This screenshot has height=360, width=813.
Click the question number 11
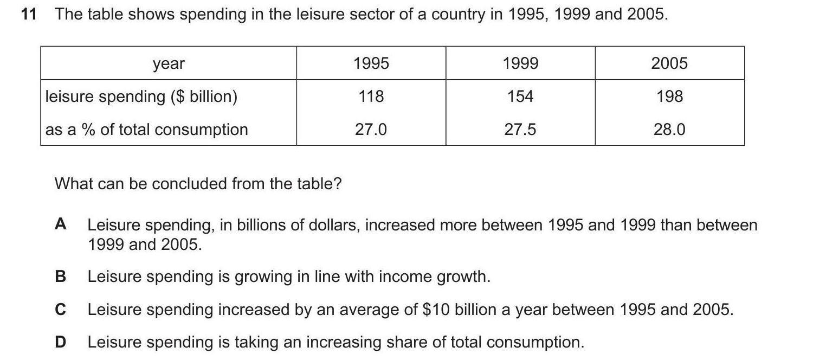[28, 15]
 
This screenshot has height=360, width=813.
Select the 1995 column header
[371, 63]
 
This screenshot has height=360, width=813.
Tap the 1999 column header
[520, 63]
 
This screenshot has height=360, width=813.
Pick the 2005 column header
[669, 63]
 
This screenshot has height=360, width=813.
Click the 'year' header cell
[169, 64]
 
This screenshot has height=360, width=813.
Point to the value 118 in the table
[371, 97]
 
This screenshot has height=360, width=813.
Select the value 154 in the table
[520, 97]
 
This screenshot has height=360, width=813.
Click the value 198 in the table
[669, 97]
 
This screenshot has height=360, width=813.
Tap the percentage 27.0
[371, 130]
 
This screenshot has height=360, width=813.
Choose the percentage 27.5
[520, 130]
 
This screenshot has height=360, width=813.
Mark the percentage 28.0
[669, 130]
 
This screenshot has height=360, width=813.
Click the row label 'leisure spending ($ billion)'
[141, 97]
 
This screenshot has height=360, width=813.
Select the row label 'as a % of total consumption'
[147, 130]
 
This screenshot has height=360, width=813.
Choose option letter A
[61, 224]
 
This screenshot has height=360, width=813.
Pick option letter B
[61, 277]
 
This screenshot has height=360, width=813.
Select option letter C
[61, 310]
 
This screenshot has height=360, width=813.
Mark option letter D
[61, 342]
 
